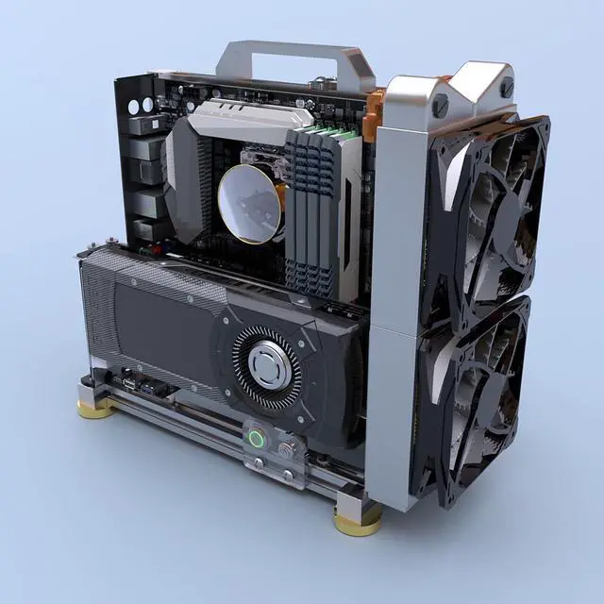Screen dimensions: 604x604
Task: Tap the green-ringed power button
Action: pos(255,437)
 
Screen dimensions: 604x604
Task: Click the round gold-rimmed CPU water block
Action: pos(251,202)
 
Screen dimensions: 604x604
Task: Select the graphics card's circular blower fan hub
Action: pos(266,364)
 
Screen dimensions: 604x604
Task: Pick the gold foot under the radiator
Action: pos(356,517)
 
